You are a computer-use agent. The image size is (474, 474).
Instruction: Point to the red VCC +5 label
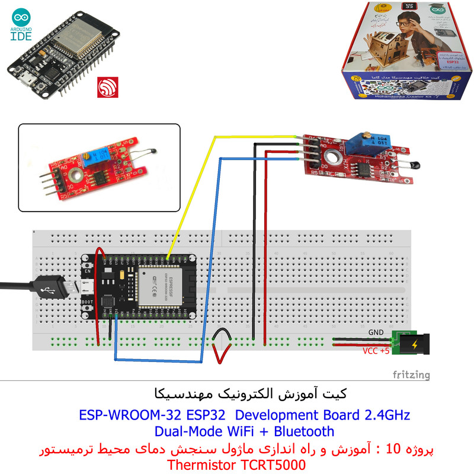(376, 351)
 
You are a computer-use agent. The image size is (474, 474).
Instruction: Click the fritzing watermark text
(412, 375)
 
